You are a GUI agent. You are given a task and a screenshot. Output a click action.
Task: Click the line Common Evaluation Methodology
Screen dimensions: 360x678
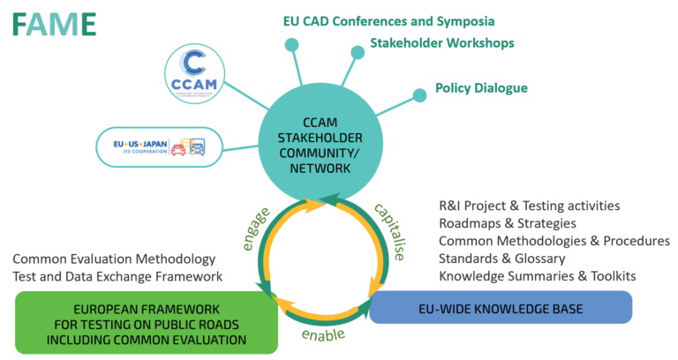[x=114, y=259]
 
